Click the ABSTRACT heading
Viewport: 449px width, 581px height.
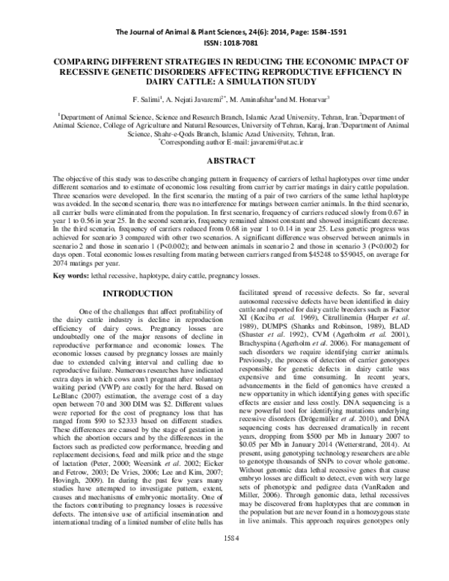pos(224,160)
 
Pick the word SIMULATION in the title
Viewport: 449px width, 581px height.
pos(237,81)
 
